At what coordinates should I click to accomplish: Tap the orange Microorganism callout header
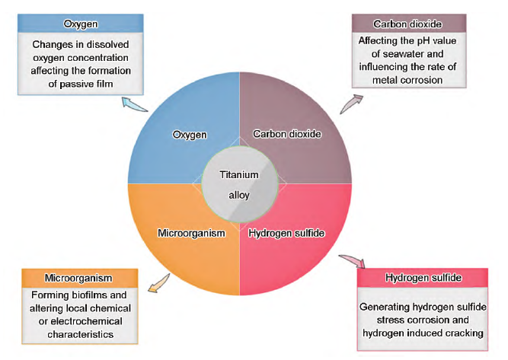tap(79, 278)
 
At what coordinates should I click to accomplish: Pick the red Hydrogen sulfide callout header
tap(423, 278)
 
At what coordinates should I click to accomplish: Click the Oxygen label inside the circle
tap(189, 135)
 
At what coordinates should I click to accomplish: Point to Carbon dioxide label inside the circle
tap(286, 135)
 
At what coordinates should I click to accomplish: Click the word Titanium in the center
tap(239, 174)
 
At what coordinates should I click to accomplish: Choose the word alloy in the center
tap(239, 195)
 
